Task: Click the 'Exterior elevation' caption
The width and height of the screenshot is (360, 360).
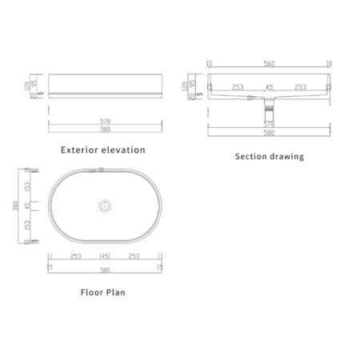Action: [x=104, y=150]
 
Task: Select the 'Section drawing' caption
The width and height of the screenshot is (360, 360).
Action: [x=269, y=157]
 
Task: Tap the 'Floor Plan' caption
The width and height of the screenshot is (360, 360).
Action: [x=104, y=292]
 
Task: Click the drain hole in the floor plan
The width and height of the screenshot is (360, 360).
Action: [x=102, y=206]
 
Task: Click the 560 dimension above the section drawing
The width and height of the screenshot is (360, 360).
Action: [x=270, y=63]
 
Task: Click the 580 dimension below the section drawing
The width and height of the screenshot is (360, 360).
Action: [x=270, y=133]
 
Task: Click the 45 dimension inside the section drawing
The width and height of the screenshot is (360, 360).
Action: [x=270, y=87]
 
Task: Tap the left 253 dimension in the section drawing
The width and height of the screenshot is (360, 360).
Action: [x=238, y=87]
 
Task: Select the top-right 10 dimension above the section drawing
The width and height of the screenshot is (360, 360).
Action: [x=329, y=63]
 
